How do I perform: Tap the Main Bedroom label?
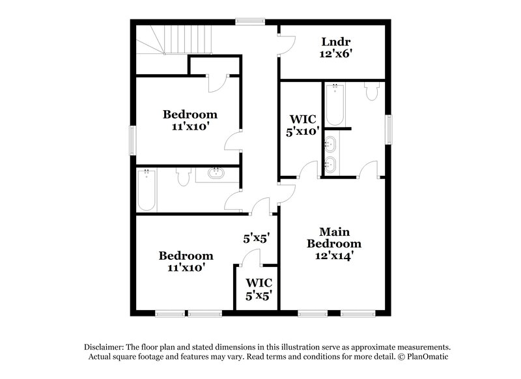[334, 238]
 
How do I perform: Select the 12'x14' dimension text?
[334, 256]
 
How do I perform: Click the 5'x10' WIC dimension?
[303, 131]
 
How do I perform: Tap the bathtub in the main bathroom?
[335, 104]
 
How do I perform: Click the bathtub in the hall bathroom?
[147, 190]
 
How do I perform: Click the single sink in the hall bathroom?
[216, 174]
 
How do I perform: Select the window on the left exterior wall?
[132, 140]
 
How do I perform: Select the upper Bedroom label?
[190, 115]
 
